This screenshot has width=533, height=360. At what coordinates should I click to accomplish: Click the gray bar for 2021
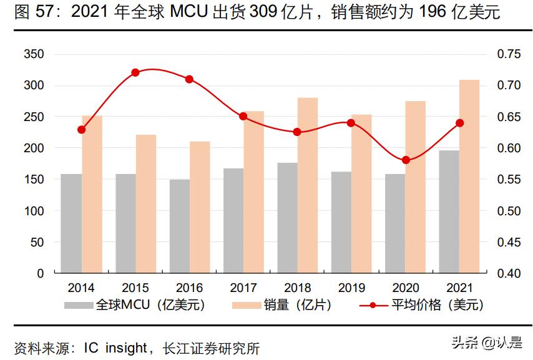[449, 212]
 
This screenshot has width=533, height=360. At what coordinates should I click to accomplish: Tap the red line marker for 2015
[135, 72]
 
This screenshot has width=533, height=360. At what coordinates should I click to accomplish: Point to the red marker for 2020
[406, 160]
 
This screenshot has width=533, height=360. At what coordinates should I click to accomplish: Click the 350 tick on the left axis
[33, 54]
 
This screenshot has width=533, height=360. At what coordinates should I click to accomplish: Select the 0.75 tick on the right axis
[508, 54]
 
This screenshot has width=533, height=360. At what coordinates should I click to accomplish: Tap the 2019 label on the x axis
[351, 288]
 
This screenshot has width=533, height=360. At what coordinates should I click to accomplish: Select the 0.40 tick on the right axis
[508, 273]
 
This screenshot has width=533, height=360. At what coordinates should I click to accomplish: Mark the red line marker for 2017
[243, 117]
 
